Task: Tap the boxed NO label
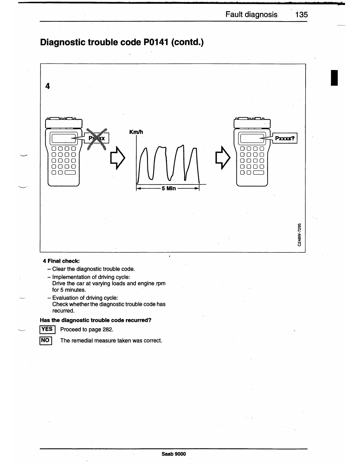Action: click(x=45, y=341)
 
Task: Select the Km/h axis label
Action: click(x=136, y=132)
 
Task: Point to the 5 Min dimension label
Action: click(x=169, y=188)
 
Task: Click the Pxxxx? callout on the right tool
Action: click(x=285, y=138)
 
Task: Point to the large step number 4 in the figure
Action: click(x=48, y=86)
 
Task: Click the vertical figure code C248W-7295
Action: click(x=299, y=234)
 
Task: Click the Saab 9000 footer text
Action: click(x=174, y=454)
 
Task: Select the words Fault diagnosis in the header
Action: click(x=251, y=14)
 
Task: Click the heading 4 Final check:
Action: click(x=61, y=261)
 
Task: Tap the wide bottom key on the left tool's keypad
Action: click(x=71, y=173)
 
